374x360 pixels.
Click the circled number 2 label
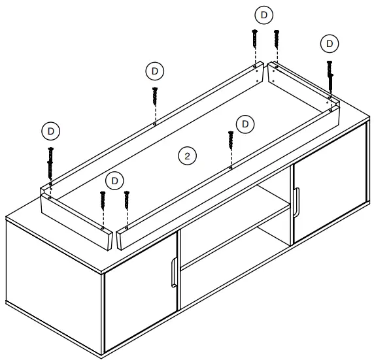tap(187, 155)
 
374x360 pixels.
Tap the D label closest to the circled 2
tap(245, 123)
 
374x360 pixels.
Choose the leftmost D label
tap(50, 130)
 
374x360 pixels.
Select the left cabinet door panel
tap(140, 307)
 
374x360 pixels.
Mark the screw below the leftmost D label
tap(50, 163)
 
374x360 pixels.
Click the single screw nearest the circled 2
tap(231, 147)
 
